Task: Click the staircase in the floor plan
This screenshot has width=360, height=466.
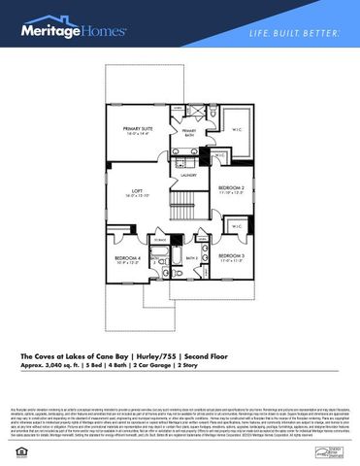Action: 183,205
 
